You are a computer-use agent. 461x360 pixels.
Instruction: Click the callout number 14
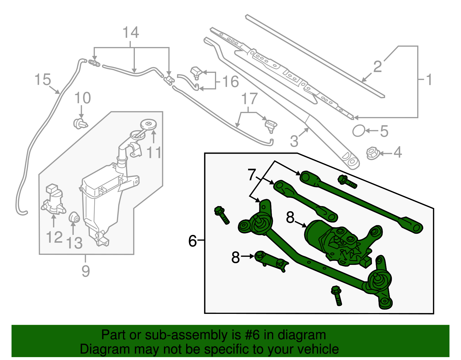(131, 33)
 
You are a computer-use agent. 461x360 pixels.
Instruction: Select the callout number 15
(42, 80)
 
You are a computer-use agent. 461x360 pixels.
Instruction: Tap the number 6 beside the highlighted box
(192, 241)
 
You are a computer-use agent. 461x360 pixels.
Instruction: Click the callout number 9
(86, 271)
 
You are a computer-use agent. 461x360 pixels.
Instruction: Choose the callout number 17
(249, 99)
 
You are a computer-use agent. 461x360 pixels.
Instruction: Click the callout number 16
(231, 82)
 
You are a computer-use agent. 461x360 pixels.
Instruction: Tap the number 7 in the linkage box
(252, 175)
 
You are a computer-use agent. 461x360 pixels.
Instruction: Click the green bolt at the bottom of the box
(337, 295)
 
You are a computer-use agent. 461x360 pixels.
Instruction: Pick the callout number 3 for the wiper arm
(294, 141)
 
